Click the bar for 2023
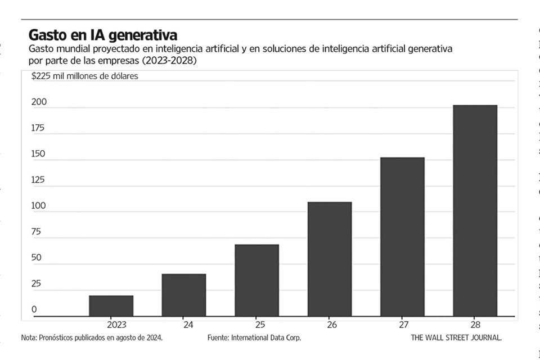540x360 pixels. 111,305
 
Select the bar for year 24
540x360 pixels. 184,295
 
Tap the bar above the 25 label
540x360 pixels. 256,280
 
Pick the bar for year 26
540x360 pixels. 330,259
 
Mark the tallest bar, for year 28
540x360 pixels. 475,210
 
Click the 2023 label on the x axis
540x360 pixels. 116,325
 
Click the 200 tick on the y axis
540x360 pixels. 38,102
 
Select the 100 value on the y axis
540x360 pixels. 38,206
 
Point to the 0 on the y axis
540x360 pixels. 34,309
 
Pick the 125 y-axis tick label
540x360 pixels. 38,181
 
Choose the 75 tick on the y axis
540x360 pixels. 37,232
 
